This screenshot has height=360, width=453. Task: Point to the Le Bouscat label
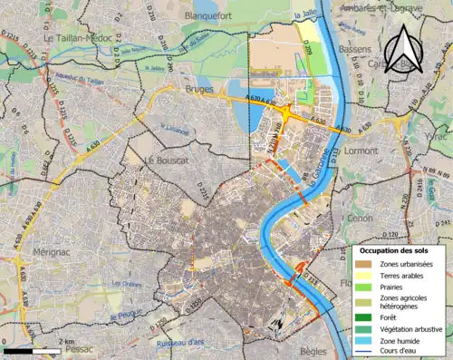(166, 161)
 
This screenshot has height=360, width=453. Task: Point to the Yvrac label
(439, 130)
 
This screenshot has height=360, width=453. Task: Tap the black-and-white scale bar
(33, 350)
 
